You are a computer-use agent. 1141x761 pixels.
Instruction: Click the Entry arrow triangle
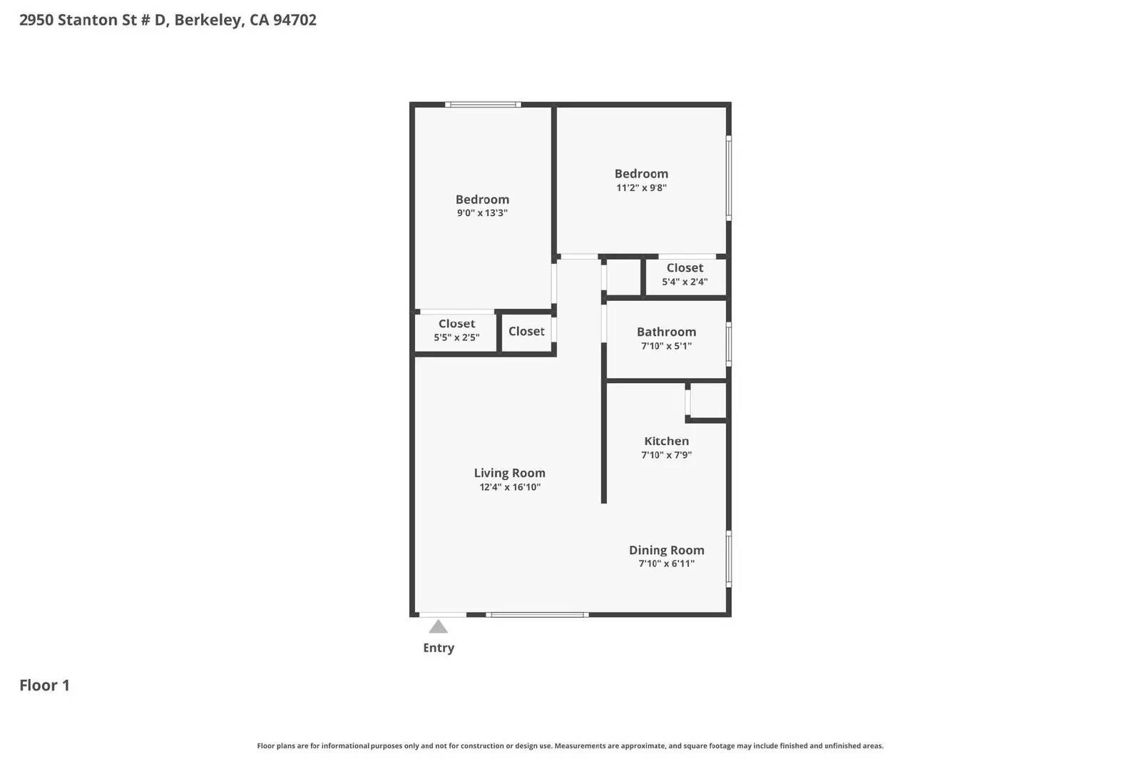(438, 627)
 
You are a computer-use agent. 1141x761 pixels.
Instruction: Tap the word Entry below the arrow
(438, 648)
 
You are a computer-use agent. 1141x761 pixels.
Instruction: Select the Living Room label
(509, 473)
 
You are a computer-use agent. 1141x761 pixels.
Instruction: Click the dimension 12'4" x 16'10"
(509, 487)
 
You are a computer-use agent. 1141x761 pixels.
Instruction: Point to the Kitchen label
(666, 441)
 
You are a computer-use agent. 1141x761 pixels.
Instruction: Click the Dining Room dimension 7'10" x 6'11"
(666, 563)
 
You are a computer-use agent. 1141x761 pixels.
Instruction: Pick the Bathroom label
(666, 332)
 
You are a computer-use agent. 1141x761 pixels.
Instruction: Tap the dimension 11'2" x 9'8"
(641, 188)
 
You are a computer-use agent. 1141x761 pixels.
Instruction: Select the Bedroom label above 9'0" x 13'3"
(482, 199)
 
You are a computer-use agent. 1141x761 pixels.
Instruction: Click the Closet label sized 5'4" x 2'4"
(685, 267)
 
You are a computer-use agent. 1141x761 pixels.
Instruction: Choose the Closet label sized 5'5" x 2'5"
(456, 323)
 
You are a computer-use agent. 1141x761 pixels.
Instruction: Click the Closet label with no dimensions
(526, 331)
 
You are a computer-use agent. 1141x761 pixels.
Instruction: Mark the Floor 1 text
(44, 685)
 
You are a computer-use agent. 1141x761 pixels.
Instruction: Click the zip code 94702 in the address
(295, 20)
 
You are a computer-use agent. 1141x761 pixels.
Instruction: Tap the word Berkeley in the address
(208, 20)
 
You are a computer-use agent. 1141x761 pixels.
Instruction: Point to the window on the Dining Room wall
(729, 559)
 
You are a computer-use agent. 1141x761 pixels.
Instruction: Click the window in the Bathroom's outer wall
(729, 344)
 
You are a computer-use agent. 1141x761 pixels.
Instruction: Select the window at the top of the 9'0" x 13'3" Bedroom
(483, 105)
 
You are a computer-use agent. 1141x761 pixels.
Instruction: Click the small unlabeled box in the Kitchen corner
(707, 401)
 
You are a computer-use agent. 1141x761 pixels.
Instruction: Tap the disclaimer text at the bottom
(570, 746)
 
